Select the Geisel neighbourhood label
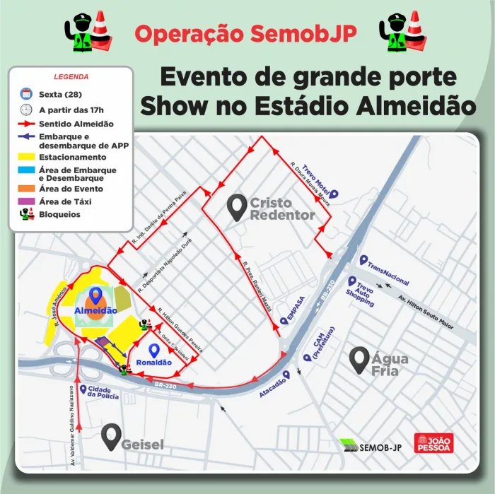[141, 445]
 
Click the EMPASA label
[291, 309]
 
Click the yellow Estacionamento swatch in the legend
[27, 157]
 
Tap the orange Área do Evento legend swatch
[27, 189]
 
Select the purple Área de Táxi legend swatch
[27, 201]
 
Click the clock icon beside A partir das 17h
[26, 110]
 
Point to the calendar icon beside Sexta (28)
[26, 94]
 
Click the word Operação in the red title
[187, 33]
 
